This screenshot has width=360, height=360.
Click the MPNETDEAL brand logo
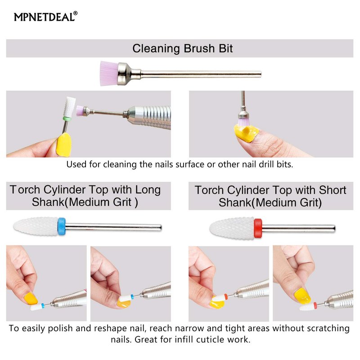46,17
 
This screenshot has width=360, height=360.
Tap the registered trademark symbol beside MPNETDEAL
75,13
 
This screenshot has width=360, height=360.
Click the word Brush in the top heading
199,49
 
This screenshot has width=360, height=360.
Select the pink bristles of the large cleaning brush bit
109,73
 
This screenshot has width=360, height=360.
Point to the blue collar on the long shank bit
62,226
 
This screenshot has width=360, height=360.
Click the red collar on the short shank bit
258,228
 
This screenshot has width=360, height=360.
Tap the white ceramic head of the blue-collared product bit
36,226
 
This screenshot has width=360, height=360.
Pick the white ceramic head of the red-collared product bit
232,229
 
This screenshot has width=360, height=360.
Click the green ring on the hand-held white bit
67,118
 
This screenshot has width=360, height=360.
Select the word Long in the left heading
148,190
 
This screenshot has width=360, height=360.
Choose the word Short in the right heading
333,190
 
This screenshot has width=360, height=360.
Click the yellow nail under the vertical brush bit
246,132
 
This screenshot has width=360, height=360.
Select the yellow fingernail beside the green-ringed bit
64,145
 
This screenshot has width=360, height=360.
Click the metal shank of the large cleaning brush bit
201,74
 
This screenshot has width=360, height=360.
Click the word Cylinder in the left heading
64,190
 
